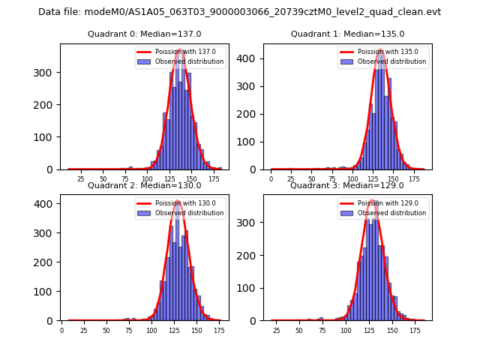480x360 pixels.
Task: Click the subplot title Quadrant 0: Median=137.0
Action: click(x=144, y=34)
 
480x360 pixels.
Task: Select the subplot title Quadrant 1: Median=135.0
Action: click(x=347, y=34)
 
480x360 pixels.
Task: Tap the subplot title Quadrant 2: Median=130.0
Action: click(x=144, y=185)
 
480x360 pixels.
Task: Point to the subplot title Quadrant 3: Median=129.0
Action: click(x=346, y=185)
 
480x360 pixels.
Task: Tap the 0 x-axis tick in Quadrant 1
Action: click(x=271, y=179)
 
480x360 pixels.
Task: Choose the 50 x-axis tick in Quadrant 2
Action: click(x=106, y=330)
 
